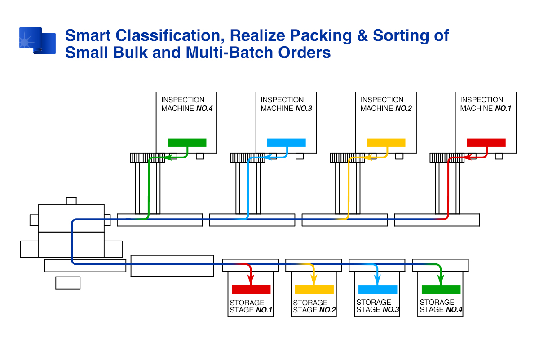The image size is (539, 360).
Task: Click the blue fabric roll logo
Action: click(x=38, y=40)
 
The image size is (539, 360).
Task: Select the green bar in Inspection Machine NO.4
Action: click(x=187, y=143)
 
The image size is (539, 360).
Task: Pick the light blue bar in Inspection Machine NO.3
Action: click(x=287, y=143)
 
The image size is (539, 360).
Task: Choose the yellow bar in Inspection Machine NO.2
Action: click(x=386, y=143)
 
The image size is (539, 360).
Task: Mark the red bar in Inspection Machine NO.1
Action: click(x=486, y=143)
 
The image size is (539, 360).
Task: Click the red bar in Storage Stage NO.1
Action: click(x=251, y=290)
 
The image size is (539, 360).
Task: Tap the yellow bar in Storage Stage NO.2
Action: click(x=314, y=290)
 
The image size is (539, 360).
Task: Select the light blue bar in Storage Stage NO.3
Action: click(x=378, y=290)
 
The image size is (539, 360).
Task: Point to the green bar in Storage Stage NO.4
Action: click(x=441, y=290)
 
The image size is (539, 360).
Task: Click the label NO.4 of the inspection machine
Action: click(x=204, y=109)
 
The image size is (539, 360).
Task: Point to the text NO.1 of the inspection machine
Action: click(x=503, y=109)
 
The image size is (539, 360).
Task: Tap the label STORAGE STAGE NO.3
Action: click(x=378, y=306)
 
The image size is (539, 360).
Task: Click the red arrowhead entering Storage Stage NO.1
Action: click(x=251, y=280)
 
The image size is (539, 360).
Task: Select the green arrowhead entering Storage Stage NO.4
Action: click(x=441, y=280)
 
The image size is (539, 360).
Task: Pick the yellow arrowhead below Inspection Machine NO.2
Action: click(x=368, y=158)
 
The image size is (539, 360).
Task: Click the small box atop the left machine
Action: click(x=71, y=201)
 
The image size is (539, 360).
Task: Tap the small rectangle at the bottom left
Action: click(x=68, y=283)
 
